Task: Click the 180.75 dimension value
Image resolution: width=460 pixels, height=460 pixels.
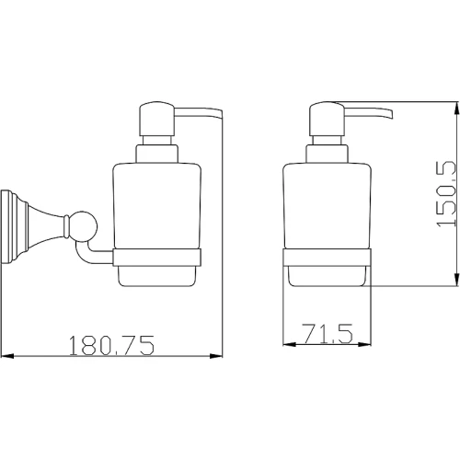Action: (111, 345)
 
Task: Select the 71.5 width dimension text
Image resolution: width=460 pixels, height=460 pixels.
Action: (328, 333)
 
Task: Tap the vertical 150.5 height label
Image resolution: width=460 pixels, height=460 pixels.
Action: (446, 194)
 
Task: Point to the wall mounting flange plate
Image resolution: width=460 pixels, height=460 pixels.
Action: (6, 227)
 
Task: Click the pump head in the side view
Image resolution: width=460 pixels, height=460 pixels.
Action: (157, 119)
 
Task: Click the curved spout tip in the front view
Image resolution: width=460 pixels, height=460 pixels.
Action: (389, 114)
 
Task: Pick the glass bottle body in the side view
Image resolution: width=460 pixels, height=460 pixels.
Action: (157, 205)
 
